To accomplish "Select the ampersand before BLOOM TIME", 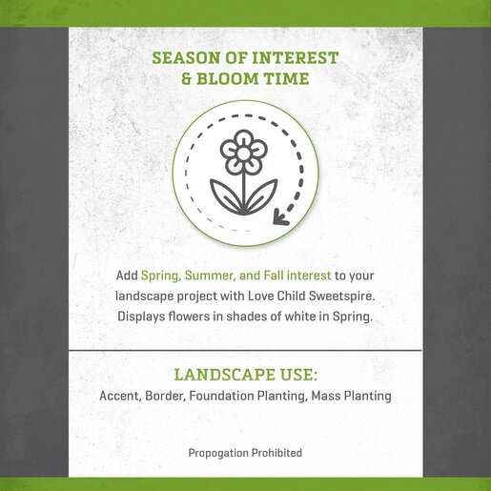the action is pyautogui.click(x=187, y=78).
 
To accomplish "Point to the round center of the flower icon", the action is pyautogui.click(x=243, y=153).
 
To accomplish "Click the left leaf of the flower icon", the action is pyautogui.click(x=225, y=195).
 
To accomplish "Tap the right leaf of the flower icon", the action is pyautogui.click(x=261, y=195).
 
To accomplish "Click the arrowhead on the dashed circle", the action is pyautogui.click(x=280, y=217).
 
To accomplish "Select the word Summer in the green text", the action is pyautogui.click(x=210, y=276).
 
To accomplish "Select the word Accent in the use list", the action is pyautogui.click(x=120, y=396).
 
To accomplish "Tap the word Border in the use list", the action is pyautogui.click(x=165, y=396).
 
